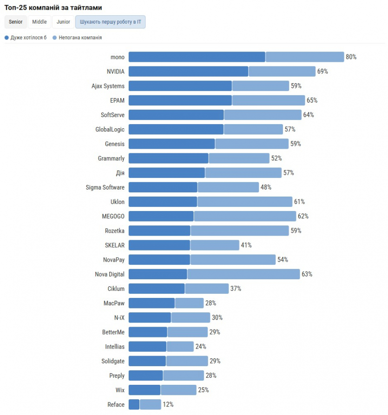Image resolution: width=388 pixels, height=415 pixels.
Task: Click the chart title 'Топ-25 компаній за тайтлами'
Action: point(53,8)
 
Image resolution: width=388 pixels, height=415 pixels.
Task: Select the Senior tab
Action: point(15,22)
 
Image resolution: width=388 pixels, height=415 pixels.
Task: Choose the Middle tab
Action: point(39,22)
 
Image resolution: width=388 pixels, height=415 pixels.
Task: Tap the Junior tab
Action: point(63,22)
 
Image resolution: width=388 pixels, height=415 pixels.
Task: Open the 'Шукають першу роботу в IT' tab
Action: point(110,22)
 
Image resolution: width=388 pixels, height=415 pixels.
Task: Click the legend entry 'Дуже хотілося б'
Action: point(26,38)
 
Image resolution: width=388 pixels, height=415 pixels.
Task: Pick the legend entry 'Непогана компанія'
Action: point(77,38)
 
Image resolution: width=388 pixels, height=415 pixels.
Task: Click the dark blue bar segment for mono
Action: point(197,57)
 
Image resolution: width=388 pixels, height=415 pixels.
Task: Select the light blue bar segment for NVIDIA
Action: point(282,71)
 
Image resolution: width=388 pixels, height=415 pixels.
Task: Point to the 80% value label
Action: point(351,57)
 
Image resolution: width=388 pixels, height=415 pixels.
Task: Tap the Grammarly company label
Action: point(111,158)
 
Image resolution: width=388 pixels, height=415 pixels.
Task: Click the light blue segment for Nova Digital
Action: point(243,274)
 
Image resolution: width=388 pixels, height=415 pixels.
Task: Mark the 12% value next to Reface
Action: point(168,405)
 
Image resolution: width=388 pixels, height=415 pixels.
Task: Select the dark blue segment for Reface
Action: point(134,405)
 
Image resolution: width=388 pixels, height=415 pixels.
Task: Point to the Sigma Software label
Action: point(105,187)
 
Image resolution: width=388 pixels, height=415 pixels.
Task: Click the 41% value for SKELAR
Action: point(246,245)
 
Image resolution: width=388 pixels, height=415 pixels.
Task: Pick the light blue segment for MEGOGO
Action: point(245,216)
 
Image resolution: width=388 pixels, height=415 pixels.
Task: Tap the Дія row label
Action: point(120,173)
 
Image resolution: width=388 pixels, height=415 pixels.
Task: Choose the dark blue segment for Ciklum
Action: point(157,289)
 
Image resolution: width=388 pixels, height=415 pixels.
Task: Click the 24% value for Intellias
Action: point(201,347)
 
